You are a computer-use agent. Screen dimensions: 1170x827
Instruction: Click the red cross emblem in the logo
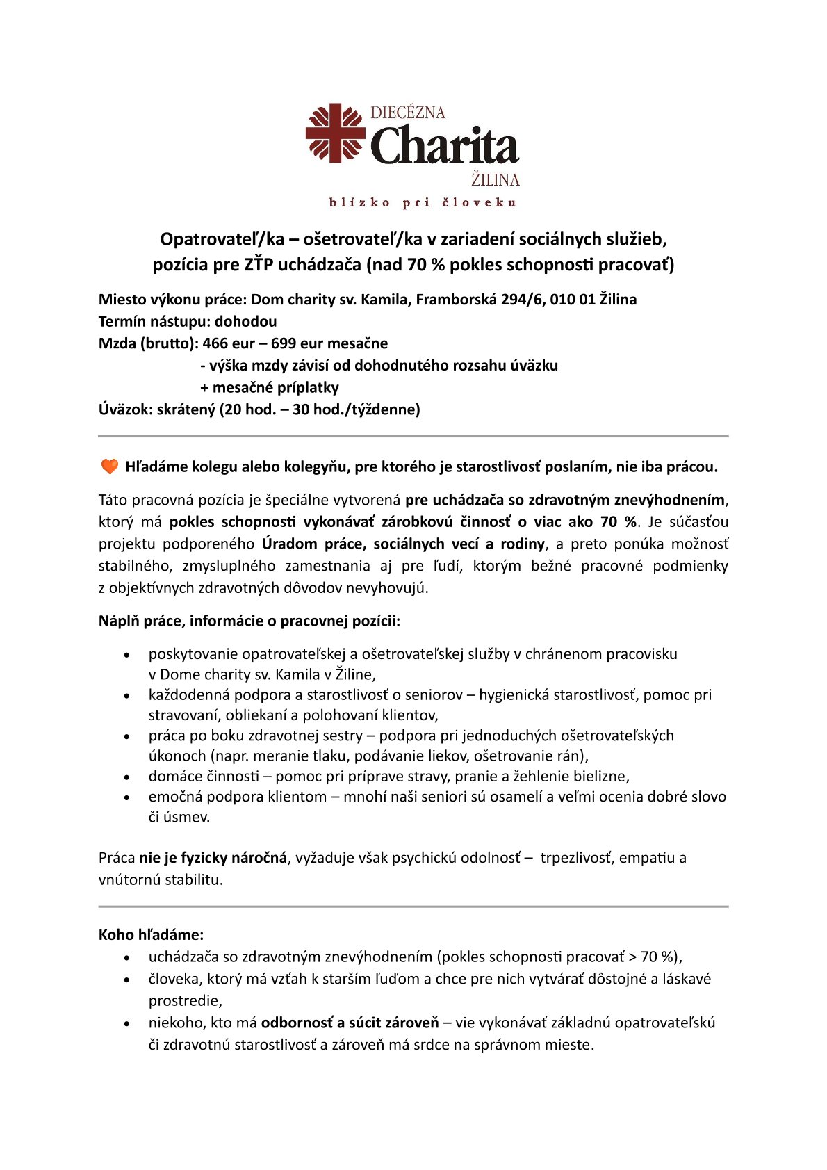pyautogui.click(x=336, y=133)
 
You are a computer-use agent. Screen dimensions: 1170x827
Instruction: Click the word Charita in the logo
pyautogui.click(x=445, y=146)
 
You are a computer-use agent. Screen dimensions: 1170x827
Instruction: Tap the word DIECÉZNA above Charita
pyautogui.click(x=408, y=113)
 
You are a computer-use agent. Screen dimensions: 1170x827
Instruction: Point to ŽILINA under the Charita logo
pyautogui.click(x=496, y=180)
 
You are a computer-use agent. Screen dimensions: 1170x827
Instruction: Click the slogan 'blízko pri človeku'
pyautogui.click(x=423, y=203)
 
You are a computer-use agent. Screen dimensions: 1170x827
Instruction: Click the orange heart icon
pyautogui.click(x=110, y=466)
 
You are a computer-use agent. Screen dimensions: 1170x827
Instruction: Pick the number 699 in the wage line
pyautogui.click(x=285, y=343)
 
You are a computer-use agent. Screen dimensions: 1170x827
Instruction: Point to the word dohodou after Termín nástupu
pyautogui.click(x=245, y=322)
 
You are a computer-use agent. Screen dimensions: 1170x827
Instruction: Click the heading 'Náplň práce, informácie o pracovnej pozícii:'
pyautogui.click(x=249, y=621)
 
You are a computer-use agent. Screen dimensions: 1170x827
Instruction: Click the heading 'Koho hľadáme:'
pyautogui.click(x=151, y=935)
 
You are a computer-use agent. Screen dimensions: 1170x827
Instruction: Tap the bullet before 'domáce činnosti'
pyautogui.click(x=126, y=777)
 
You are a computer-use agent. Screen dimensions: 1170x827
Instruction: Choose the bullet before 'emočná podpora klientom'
pyautogui.click(x=126, y=797)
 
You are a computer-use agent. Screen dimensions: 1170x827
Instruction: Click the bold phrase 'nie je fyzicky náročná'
pyautogui.click(x=213, y=858)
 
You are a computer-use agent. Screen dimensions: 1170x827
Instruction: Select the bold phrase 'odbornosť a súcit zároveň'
pyautogui.click(x=350, y=1023)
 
